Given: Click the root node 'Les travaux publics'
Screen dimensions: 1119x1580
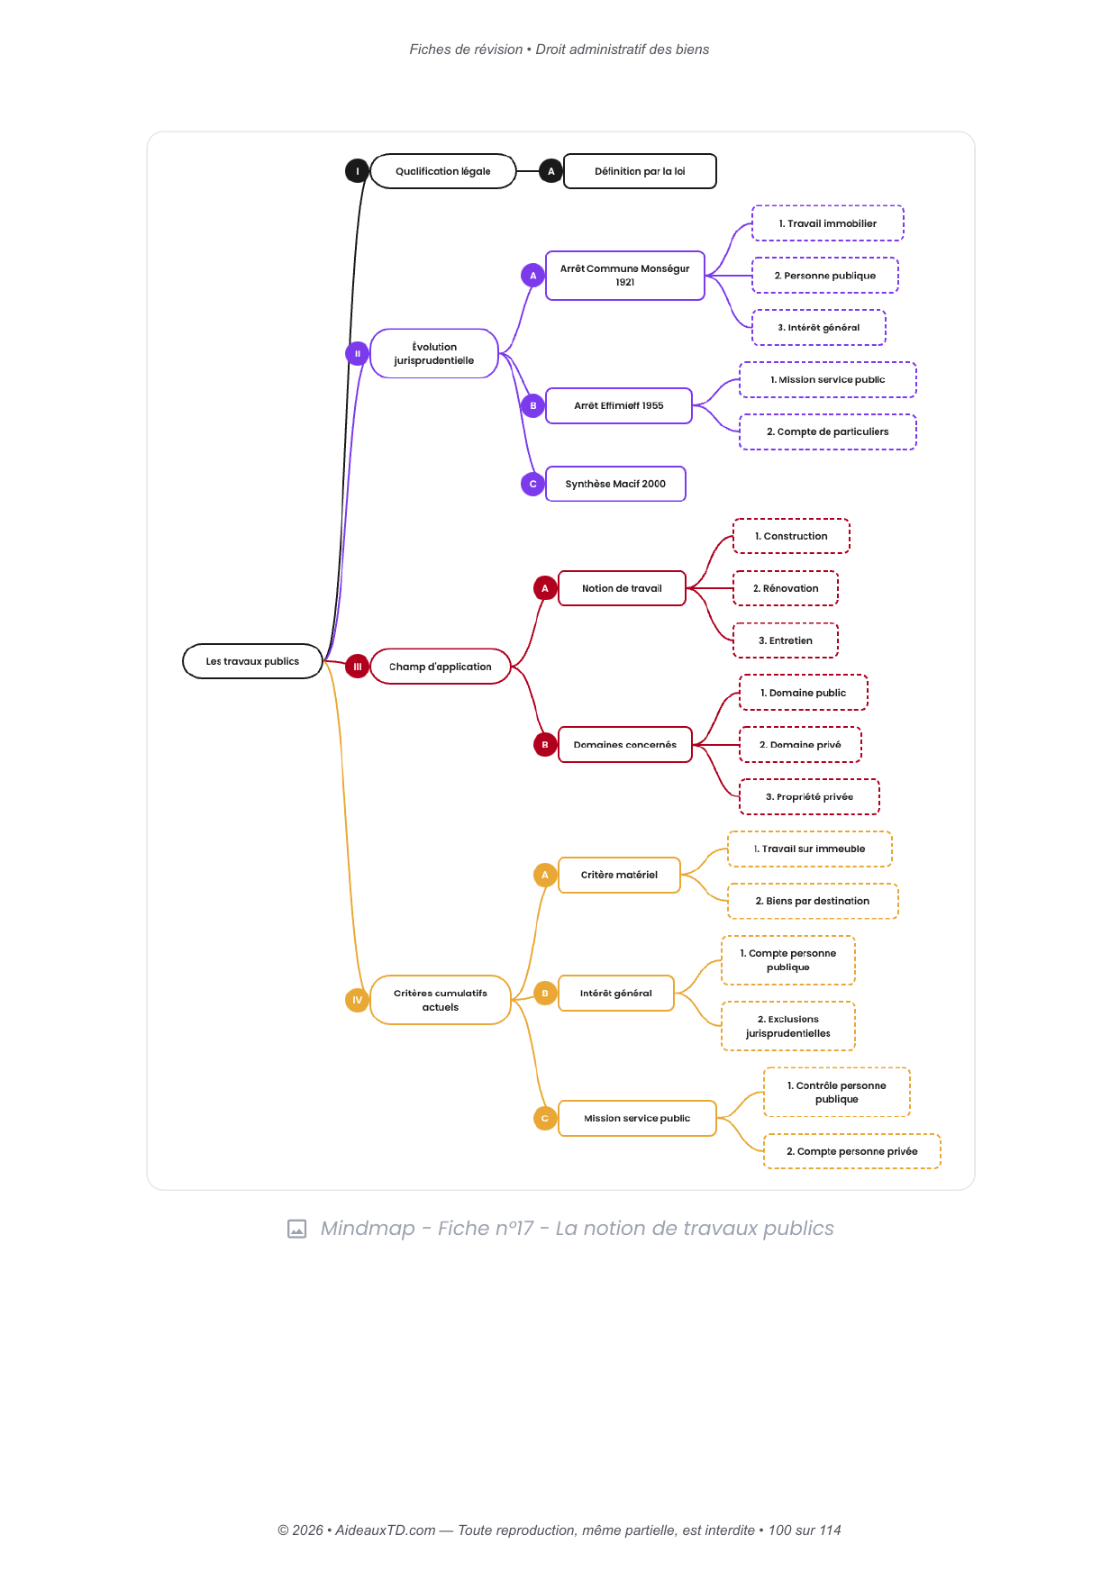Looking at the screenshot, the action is pyautogui.click(x=252, y=661).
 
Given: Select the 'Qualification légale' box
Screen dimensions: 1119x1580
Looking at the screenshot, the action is pyautogui.click(x=443, y=171).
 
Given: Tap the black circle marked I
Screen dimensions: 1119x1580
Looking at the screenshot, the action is pyautogui.click(x=358, y=171).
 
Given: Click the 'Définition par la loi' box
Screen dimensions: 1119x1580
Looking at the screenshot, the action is pyautogui.click(x=640, y=171).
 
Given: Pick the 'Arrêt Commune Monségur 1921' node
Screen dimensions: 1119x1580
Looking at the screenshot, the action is pyautogui.click(x=625, y=276).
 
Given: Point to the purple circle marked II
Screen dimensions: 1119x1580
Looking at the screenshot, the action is pyautogui.click(x=358, y=353).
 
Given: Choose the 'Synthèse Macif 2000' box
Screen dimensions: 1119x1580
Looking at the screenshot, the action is pyautogui.click(x=615, y=484).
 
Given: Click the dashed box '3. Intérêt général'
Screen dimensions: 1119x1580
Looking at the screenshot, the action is pyautogui.click(x=819, y=328).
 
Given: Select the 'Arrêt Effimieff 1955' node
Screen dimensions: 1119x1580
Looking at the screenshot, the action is pyautogui.click(x=619, y=405).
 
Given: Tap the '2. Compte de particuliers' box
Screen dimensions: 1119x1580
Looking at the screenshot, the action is pyautogui.click(x=828, y=431).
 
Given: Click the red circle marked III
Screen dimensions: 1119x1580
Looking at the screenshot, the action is pyautogui.click(x=358, y=667).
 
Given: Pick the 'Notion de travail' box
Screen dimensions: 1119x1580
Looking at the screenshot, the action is pyautogui.click(x=622, y=588).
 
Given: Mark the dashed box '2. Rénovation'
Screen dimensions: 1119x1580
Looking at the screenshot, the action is pyautogui.click(x=786, y=588).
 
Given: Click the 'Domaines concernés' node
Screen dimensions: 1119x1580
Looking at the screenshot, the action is pyautogui.click(x=625, y=745).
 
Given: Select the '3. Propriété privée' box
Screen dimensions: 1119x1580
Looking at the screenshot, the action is pyautogui.click(x=809, y=797).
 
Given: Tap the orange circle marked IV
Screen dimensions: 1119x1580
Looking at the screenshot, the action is pyautogui.click(x=358, y=1000).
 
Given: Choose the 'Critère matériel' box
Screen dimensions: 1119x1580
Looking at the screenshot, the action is pyautogui.click(x=619, y=875).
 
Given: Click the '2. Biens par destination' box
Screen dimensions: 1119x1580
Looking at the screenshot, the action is pyautogui.click(x=813, y=901).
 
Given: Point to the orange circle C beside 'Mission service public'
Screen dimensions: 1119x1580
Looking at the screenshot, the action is pyautogui.click(x=545, y=1118).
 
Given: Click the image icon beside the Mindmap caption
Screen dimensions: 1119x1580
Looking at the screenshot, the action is pyautogui.click(x=296, y=1229).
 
